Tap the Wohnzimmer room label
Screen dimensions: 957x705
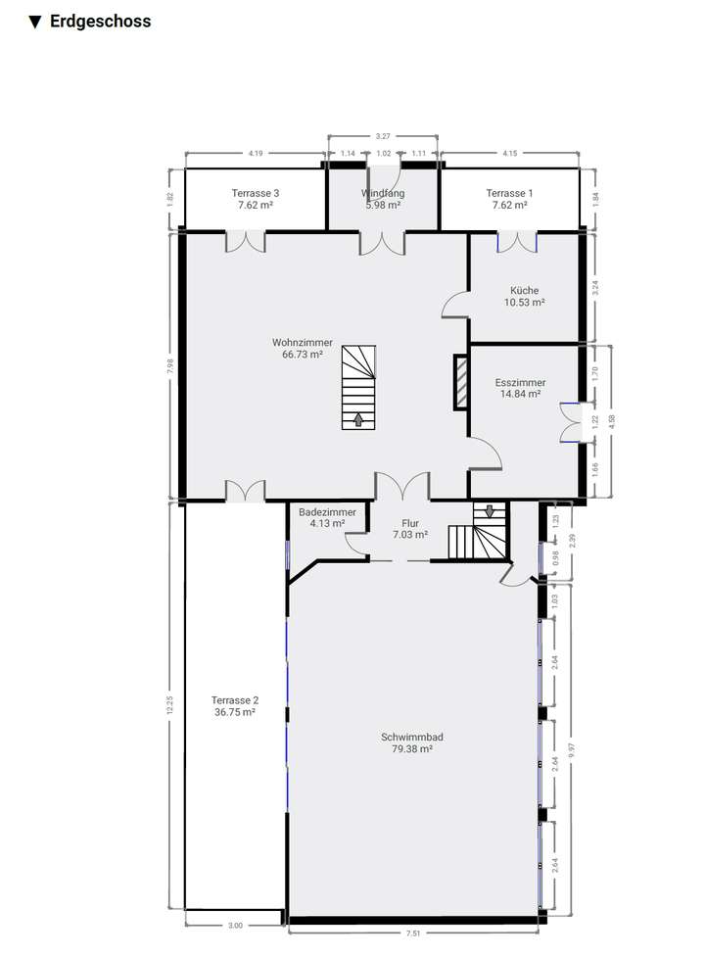[302, 343]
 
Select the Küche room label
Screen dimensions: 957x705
[524, 290]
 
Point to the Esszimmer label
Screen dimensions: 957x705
[520, 383]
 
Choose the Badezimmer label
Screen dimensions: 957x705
[321, 511]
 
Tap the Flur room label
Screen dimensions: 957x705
[409, 522]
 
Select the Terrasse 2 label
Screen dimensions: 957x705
[234, 700]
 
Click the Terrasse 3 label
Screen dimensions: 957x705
[255, 194]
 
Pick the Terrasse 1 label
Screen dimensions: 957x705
[509, 194]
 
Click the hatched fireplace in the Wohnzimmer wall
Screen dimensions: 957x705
[460, 382]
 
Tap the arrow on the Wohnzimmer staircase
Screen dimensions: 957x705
[357, 419]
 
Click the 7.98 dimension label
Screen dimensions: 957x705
[170, 364]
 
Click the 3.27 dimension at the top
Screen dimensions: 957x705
[382, 135]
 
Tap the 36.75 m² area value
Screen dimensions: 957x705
[234, 713]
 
